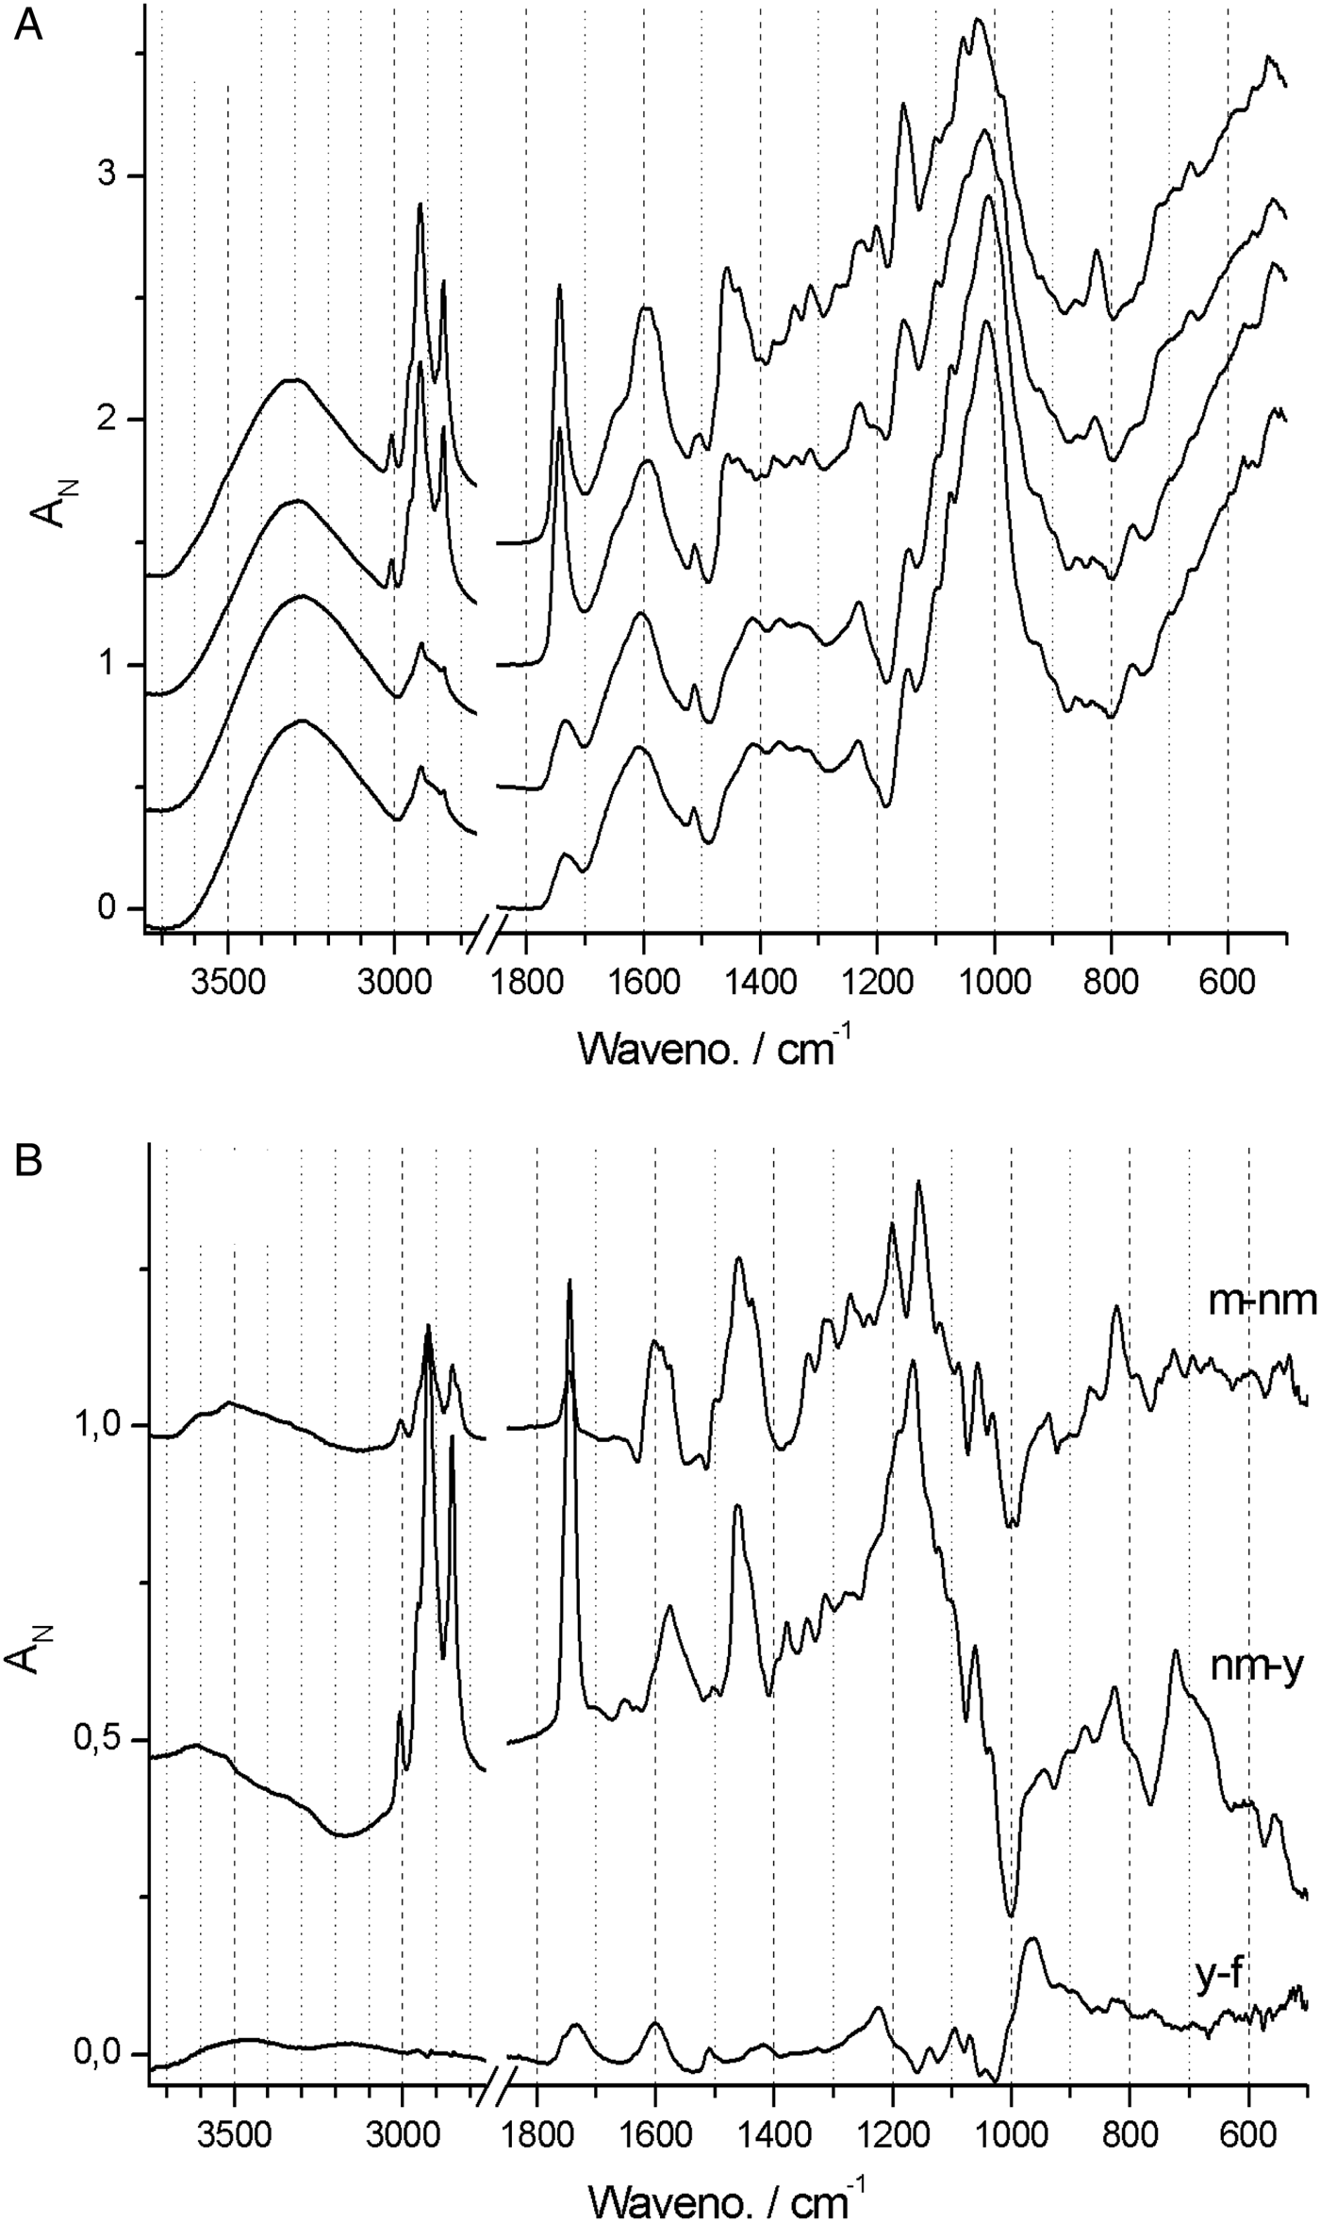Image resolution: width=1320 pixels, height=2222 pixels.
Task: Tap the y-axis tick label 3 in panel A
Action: pos(107,175)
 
